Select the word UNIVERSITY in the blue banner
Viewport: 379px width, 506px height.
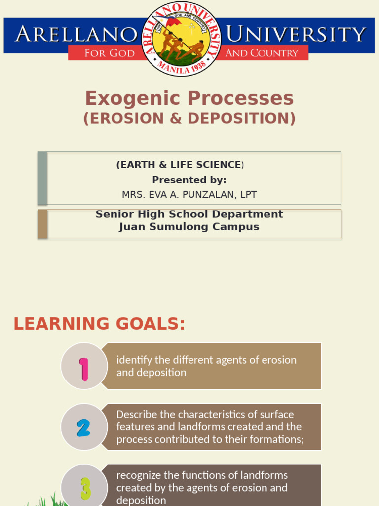coord(296,35)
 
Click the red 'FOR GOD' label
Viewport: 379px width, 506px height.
coord(110,53)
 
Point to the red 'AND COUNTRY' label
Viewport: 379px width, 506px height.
coord(262,53)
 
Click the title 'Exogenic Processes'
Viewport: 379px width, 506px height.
coord(189,99)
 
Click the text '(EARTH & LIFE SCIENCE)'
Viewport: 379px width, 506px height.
coord(180,165)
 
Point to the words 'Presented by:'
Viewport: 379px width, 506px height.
coord(189,180)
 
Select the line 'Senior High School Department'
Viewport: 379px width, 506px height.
coord(189,214)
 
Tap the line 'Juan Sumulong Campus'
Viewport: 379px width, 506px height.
coord(189,227)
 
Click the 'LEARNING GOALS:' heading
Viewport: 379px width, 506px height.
coord(99,324)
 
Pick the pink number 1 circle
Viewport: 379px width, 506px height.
coord(84,366)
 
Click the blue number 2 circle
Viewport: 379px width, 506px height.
coord(84,427)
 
